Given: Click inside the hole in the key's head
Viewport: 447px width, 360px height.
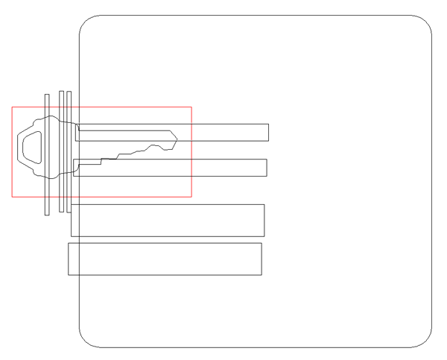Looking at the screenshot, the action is (x=30, y=146).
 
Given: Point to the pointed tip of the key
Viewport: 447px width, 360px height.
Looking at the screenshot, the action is (x=177, y=138).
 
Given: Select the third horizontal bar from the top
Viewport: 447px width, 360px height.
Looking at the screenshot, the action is (x=168, y=220).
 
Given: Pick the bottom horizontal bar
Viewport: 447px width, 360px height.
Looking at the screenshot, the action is (x=165, y=259).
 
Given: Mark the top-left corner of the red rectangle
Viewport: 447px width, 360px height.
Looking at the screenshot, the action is (x=12, y=107).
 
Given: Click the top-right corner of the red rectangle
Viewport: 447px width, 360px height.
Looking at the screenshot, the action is (x=191, y=107).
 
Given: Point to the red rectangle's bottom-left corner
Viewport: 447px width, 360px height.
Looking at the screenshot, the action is (x=12, y=197).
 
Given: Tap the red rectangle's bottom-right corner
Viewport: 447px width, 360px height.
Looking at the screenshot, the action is (x=191, y=197).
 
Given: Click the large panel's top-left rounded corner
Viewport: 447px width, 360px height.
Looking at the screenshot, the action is (x=85, y=21).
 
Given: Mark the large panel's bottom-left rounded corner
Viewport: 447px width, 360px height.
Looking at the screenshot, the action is (x=85, y=341).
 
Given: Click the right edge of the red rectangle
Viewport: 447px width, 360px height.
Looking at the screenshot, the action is (x=191, y=152).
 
